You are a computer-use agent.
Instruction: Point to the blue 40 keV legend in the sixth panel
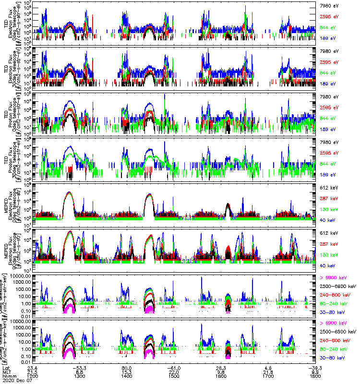coord(327,265)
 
